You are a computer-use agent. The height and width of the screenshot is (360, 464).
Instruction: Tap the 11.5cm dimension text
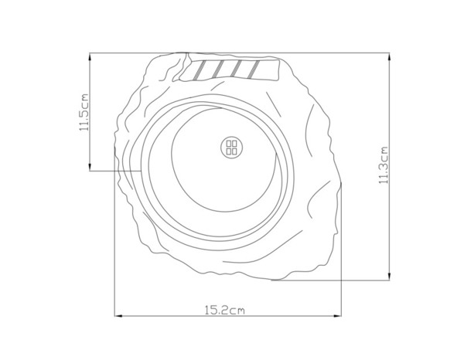coord(84,114)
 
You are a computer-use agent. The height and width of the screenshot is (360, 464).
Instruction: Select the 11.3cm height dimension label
coord(382,166)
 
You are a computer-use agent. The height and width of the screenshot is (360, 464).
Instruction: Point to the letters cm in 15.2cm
coord(237,311)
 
